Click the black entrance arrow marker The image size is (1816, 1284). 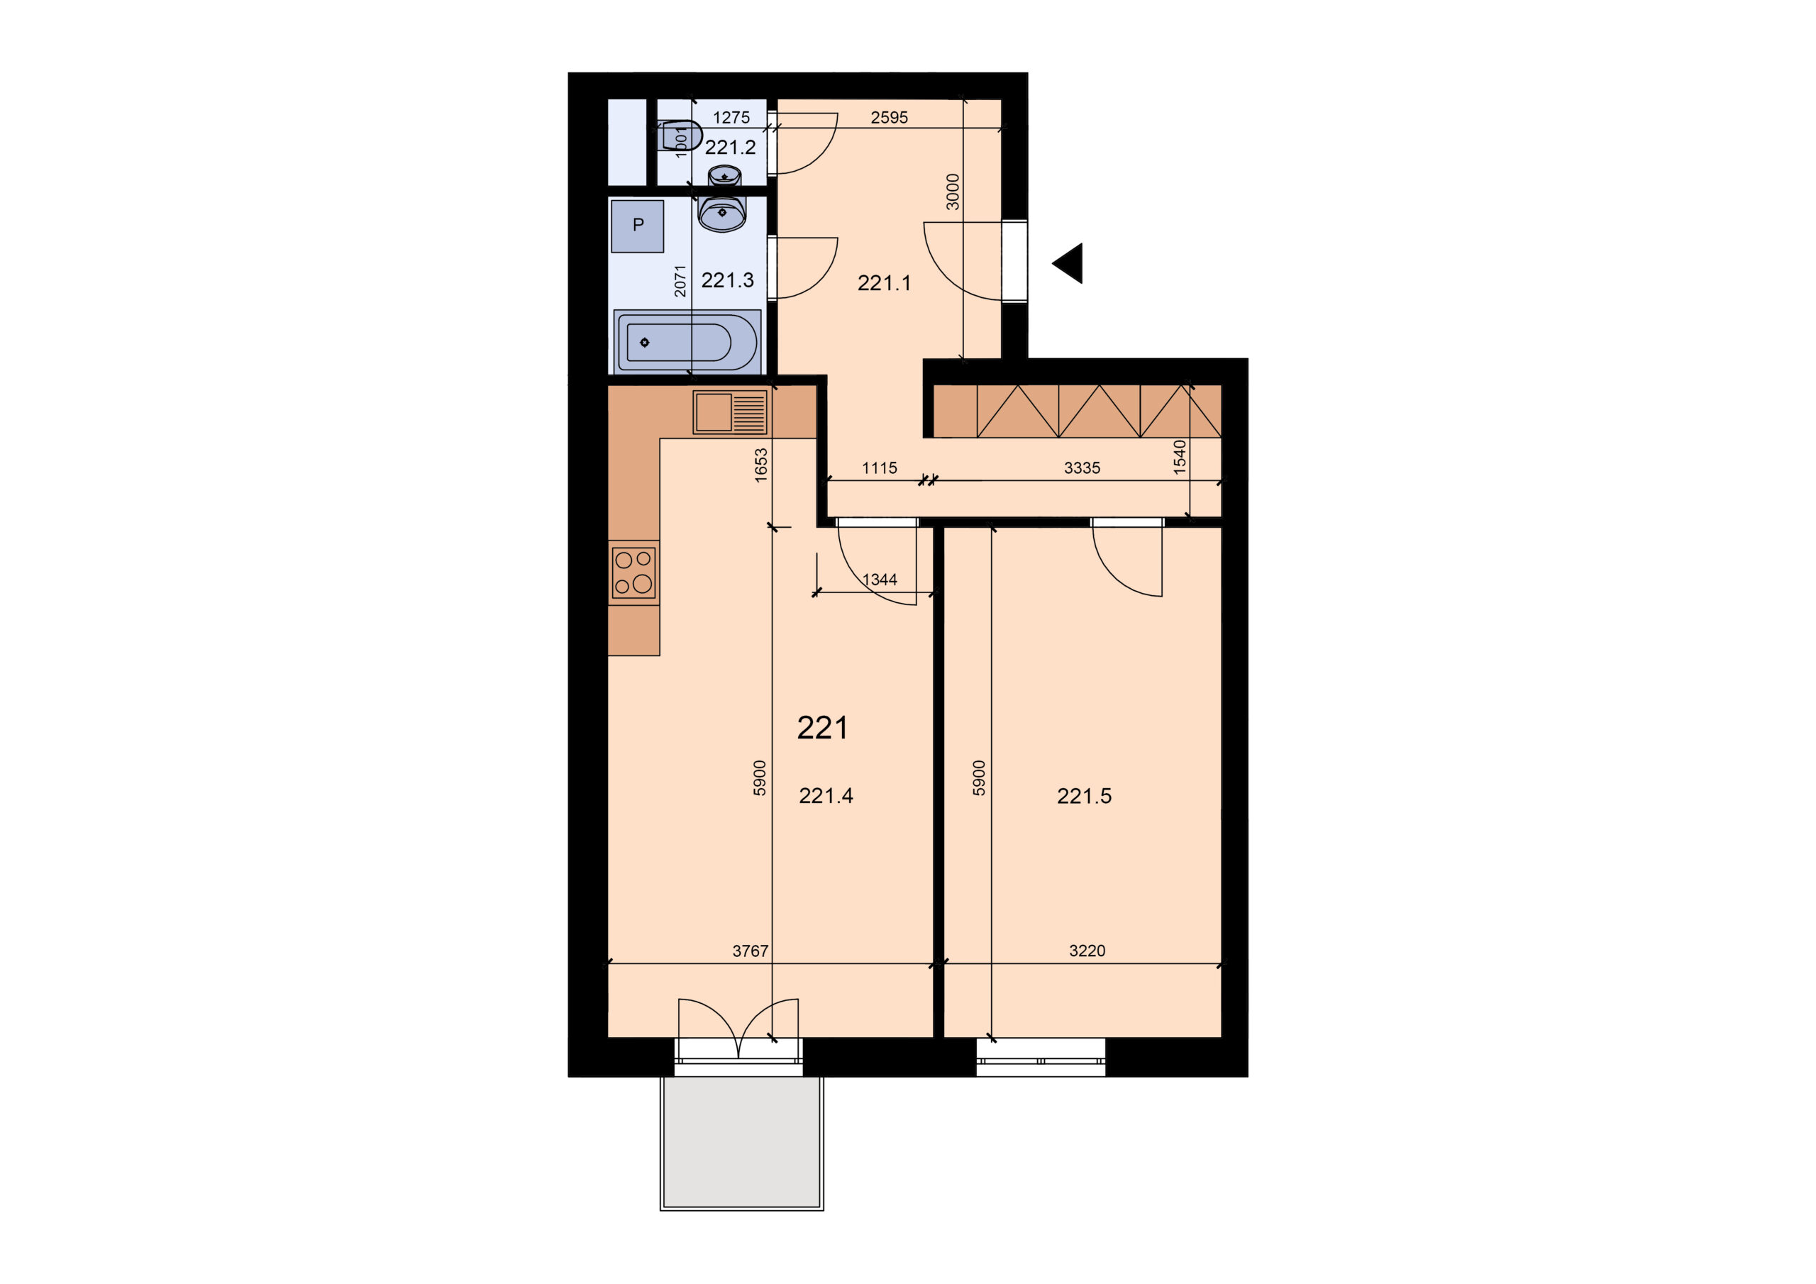(1069, 263)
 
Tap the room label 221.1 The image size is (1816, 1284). (885, 282)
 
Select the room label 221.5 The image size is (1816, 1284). (1084, 796)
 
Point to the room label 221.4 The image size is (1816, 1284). (826, 796)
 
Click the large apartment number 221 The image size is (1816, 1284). (823, 728)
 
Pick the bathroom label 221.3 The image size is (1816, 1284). (728, 280)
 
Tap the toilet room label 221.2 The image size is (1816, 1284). (730, 147)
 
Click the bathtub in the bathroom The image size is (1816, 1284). (687, 342)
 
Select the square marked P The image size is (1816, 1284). (638, 226)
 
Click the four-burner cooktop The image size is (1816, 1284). (633, 572)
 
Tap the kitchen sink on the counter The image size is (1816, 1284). (730, 412)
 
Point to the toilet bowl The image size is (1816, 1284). (679, 136)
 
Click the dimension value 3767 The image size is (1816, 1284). (750, 951)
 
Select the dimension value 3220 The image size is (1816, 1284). (1087, 951)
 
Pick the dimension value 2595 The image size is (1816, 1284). (889, 118)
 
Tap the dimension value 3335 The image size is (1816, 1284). (1082, 467)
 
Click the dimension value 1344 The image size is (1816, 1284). (880, 580)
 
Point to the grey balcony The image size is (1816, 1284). (742, 1142)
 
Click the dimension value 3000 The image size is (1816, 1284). (953, 192)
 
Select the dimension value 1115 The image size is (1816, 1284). (880, 468)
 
